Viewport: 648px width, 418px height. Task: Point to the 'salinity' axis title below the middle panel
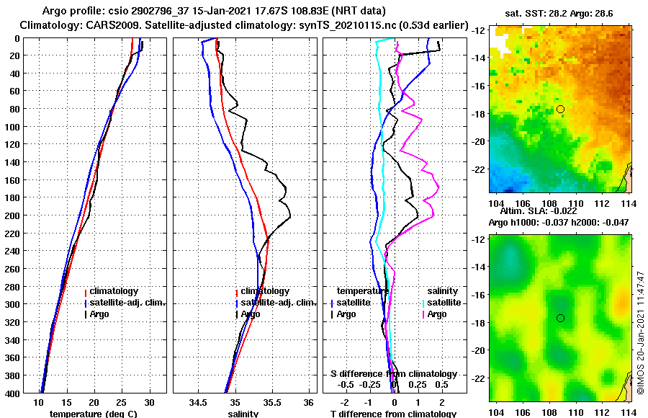pyautogui.click(x=243, y=414)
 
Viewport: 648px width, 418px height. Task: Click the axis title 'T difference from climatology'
pyautogui.click(x=392, y=414)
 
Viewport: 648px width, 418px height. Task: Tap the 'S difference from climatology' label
pyautogui.click(x=393, y=374)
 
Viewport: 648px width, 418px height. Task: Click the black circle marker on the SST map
pyautogui.click(x=560, y=109)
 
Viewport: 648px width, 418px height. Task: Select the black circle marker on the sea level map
pyautogui.click(x=560, y=318)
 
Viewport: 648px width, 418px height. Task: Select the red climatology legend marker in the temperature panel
pyautogui.click(x=86, y=292)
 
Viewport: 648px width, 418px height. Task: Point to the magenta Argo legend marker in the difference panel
pyautogui.click(x=423, y=314)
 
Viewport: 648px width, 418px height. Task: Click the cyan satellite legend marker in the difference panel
pyautogui.click(x=423, y=303)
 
